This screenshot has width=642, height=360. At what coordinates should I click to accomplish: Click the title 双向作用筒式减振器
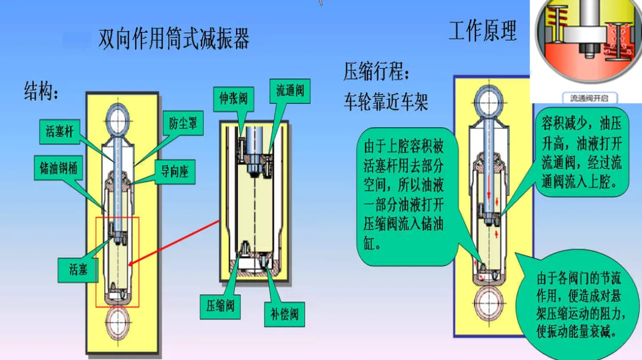tap(174, 39)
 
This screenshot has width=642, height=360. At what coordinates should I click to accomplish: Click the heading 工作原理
tap(482, 31)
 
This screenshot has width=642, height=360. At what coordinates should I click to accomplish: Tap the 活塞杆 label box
tap(60, 131)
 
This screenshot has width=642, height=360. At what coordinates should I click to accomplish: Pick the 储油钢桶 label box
tap(55, 168)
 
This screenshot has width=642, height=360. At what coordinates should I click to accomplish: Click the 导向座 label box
tap(175, 172)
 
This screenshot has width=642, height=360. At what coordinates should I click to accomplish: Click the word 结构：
tap(42, 92)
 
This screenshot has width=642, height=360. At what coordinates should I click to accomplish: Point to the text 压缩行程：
tap(377, 73)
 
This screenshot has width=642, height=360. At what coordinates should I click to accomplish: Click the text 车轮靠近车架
tap(385, 103)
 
